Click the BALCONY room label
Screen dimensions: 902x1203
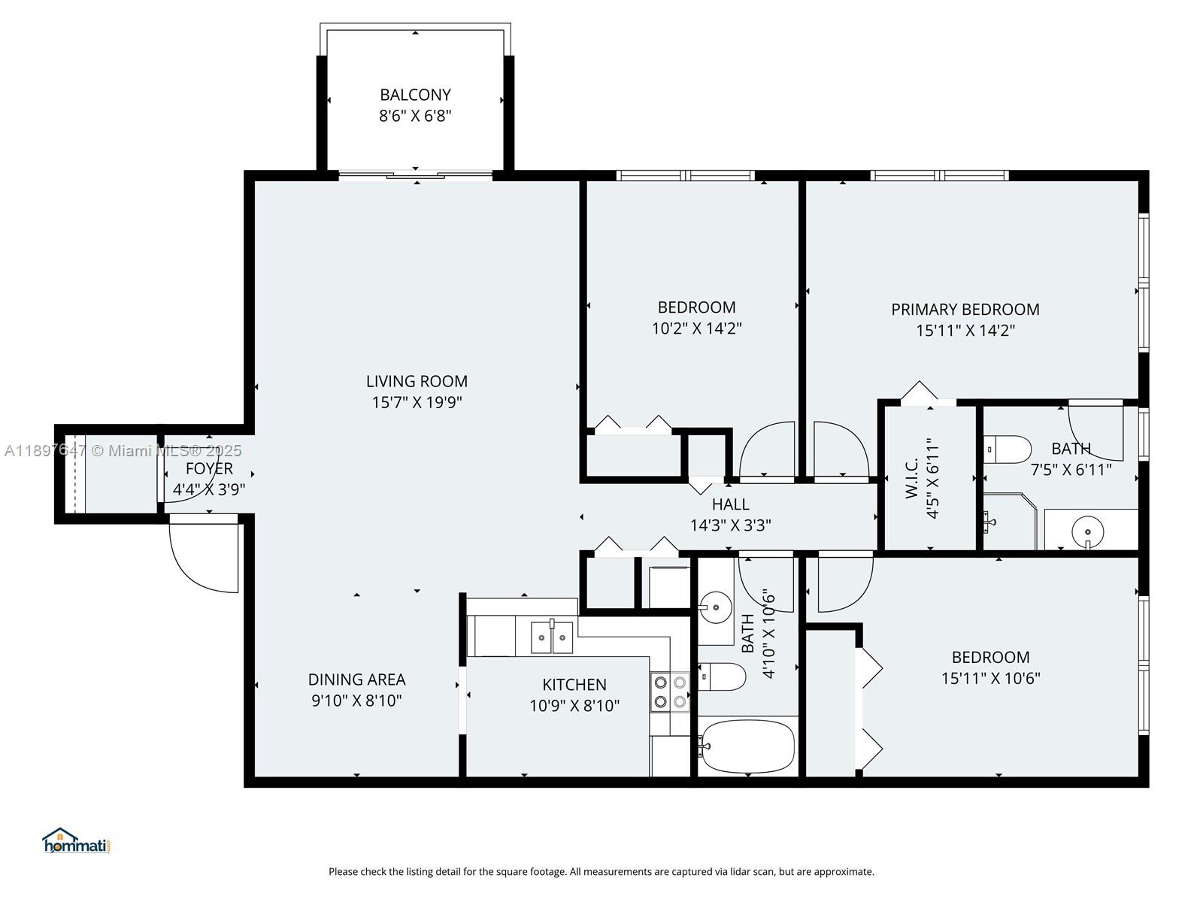click(x=415, y=95)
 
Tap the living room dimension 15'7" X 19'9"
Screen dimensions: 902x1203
click(x=417, y=402)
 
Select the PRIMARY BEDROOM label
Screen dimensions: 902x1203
click(x=965, y=310)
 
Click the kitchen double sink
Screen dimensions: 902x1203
click(x=552, y=637)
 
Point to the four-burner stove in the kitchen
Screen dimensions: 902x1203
click(x=670, y=692)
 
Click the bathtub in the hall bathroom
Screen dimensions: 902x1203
click(x=747, y=746)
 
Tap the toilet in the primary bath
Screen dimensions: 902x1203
click(x=1008, y=449)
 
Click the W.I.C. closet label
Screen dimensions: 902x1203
click(x=912, y=478)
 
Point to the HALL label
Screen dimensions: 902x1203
click(x=730, y=504)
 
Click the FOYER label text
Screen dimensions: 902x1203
click(x=209, y=468)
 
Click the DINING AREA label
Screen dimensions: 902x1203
click(x=356, y=680)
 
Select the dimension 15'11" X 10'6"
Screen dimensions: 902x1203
click(x=990, y=678)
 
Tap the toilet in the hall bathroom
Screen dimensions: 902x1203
click(x=722, y=676)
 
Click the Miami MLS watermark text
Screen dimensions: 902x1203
click(x=123, y=450)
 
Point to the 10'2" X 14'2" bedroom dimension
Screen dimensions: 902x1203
click(x=696, y=328)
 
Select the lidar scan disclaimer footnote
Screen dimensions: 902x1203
click(x=601, y=872)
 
